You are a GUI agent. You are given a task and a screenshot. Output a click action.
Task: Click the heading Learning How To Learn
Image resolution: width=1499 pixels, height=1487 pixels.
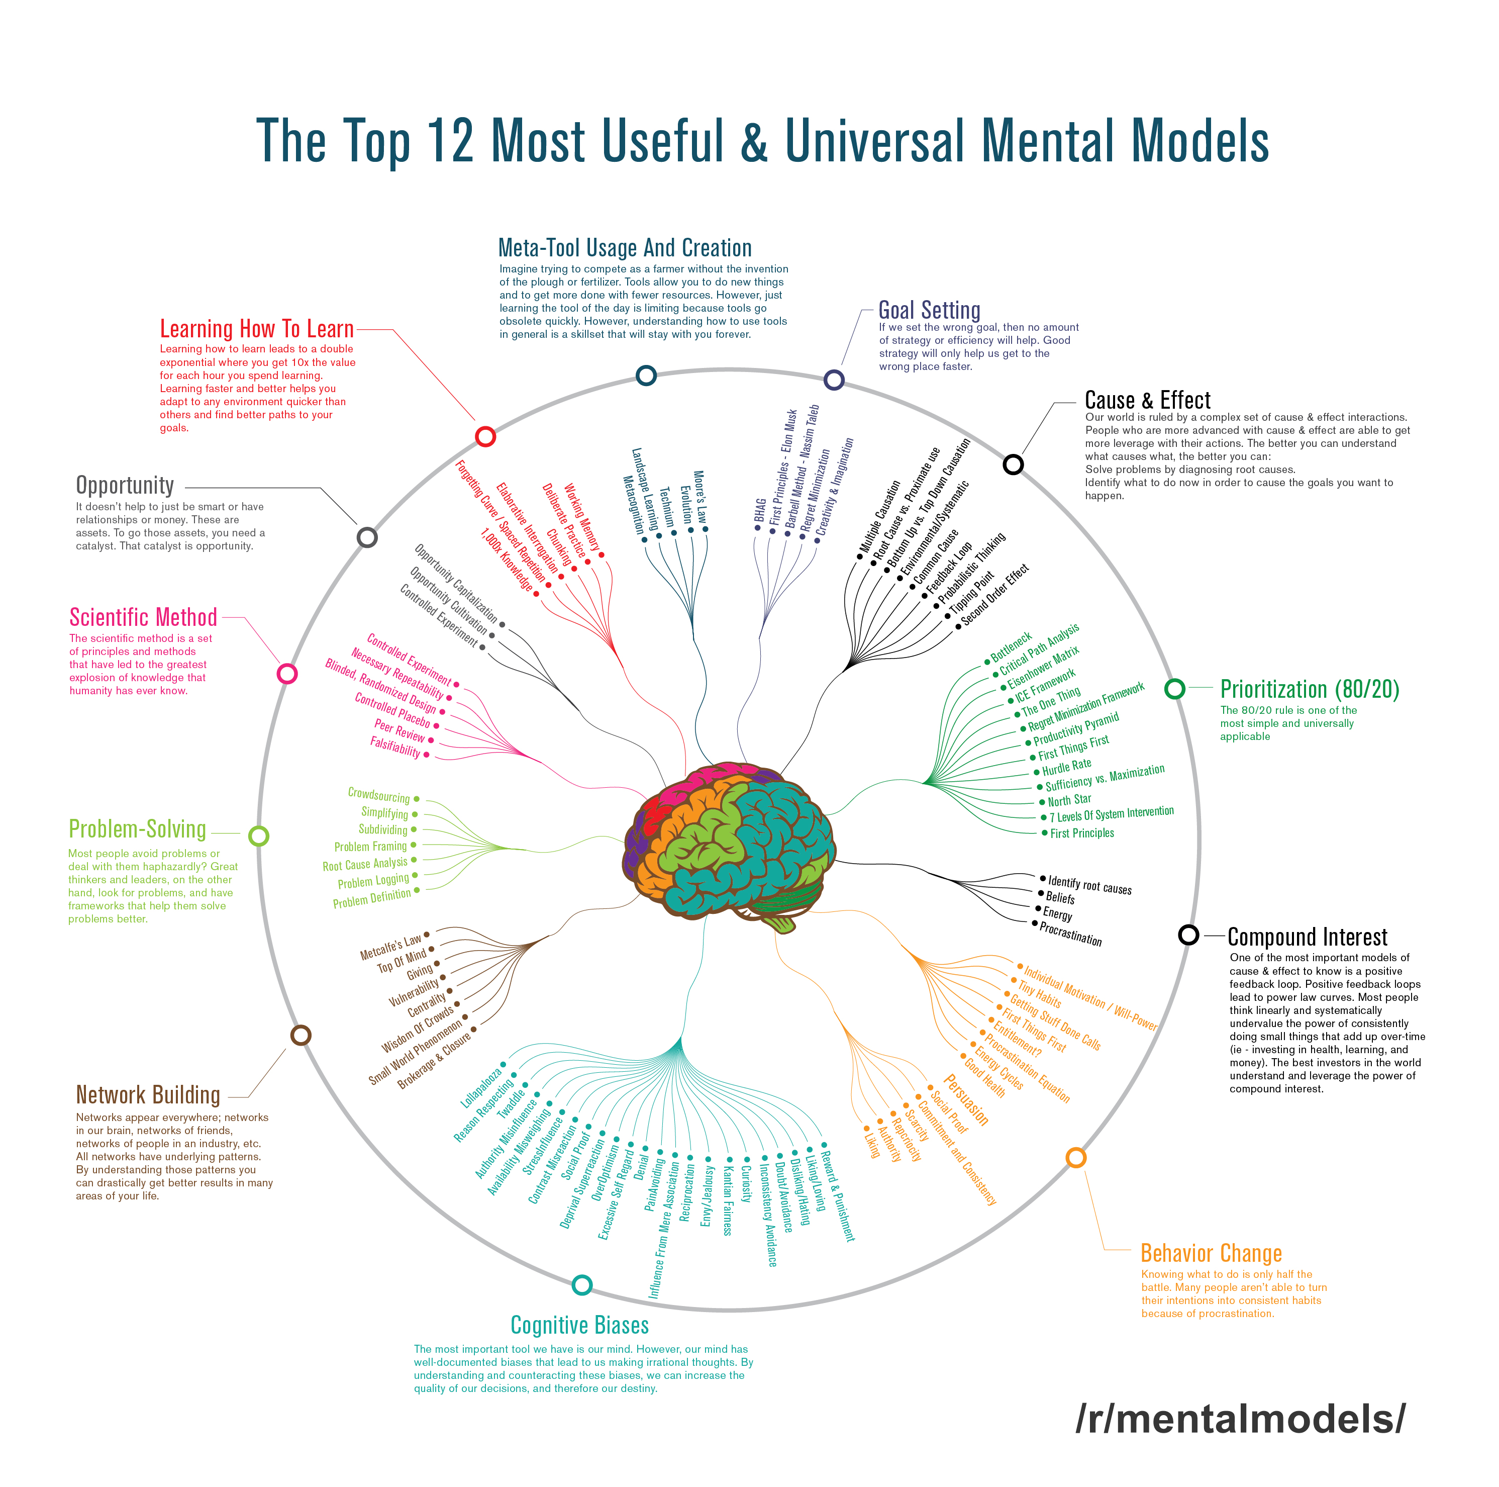(257, 329)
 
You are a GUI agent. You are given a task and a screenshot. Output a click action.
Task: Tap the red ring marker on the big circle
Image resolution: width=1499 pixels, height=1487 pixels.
(486, 436)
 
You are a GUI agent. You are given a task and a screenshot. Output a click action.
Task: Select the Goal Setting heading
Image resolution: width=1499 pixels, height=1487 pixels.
(930, 311)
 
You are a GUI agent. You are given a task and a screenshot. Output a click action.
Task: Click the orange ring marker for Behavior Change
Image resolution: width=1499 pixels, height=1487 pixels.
(1075, 1158)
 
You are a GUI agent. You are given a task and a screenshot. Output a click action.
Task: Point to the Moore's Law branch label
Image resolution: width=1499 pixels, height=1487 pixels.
(699, 497)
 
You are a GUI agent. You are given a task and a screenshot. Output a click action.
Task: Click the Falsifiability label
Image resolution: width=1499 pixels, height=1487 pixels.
(395, 747)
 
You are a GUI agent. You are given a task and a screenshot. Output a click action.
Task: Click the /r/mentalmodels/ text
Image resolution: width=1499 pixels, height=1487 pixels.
(1240, 1418)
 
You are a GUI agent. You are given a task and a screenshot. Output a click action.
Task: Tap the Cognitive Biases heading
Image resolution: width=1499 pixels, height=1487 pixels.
(579, 1325)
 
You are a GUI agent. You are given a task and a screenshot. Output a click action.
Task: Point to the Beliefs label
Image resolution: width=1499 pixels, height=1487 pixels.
(1060, 897)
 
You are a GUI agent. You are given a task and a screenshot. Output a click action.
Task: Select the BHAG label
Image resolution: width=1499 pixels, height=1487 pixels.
(760, 510)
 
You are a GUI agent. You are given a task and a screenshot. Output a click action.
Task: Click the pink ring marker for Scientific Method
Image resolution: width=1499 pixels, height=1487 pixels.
(287, 674)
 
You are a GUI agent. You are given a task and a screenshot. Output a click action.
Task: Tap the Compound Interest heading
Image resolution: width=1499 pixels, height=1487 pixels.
(1308, 938)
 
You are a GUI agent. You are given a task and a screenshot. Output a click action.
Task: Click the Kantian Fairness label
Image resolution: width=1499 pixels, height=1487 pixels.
(728, 1200)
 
